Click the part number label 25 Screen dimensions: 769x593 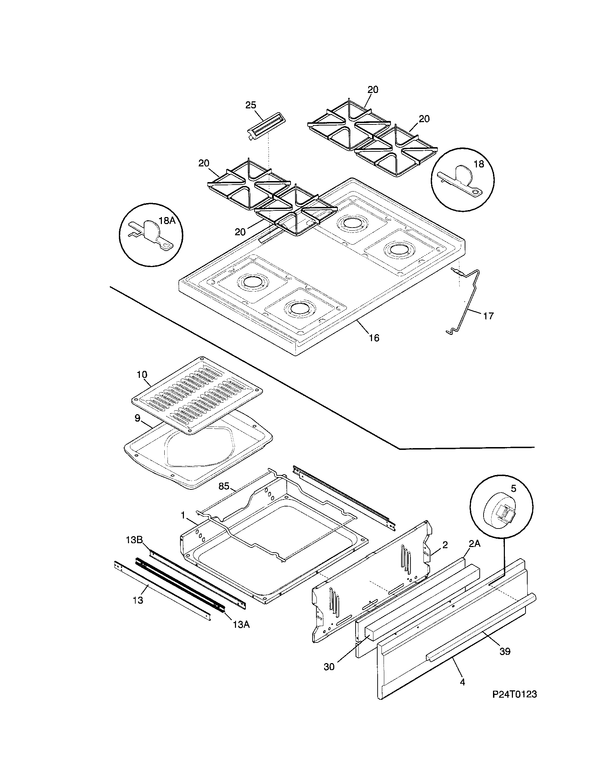251,105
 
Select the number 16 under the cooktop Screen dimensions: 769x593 374,338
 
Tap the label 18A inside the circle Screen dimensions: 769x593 167,221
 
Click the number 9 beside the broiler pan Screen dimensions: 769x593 137,418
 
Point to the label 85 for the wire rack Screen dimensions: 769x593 224,487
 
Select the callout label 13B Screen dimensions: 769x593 134,540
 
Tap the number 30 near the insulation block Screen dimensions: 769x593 329,667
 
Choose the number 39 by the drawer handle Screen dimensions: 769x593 505,652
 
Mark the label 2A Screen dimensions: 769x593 474,544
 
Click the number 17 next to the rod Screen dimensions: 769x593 488,316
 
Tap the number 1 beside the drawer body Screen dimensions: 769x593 183,515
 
